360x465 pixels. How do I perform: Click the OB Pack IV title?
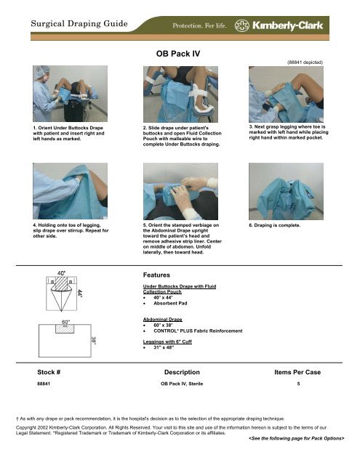180,53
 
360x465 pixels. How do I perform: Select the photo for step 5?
179,189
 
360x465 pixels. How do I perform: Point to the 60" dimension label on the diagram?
66,320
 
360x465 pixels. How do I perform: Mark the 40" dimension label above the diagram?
64,273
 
